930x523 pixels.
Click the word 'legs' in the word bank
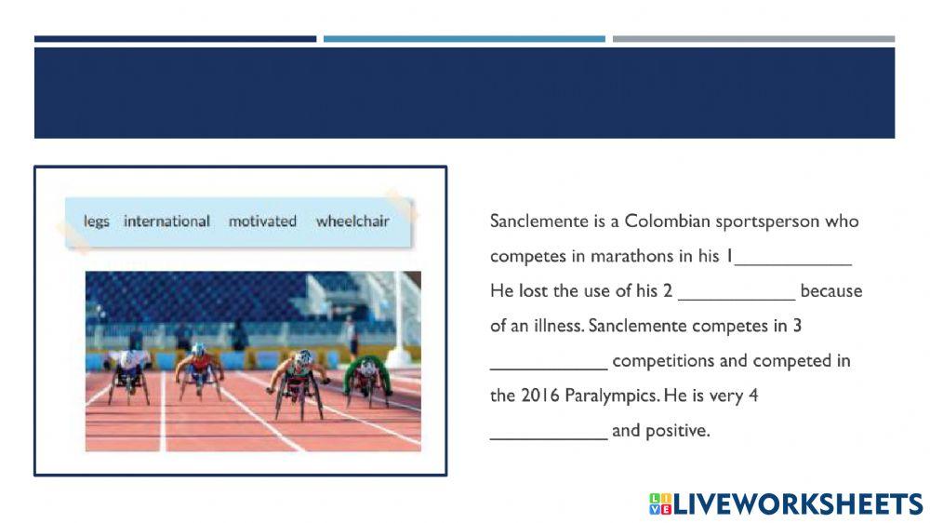click(x=96, y=221)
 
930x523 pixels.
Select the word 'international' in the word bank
click(x=166, y=221)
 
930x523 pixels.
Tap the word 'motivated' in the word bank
click(x=263, y=221)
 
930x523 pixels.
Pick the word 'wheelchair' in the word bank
click(x=352, y=221)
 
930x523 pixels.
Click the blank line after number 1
click(x=793, y=264)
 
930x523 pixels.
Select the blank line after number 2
click(x=736, y=300)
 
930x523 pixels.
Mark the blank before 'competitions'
click(x=549, y=369)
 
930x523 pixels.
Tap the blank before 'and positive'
click(x=549, y=438)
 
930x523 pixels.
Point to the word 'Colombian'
click(x=667, y=221)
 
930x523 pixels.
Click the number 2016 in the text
click(x=539, y=396)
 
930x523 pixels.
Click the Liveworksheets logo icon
click(x=660, y=503)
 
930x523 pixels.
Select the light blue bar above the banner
click(x=464, y=39)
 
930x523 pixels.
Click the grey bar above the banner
click(x=754, y=39)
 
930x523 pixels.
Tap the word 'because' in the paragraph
click(x=830, y=291)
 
